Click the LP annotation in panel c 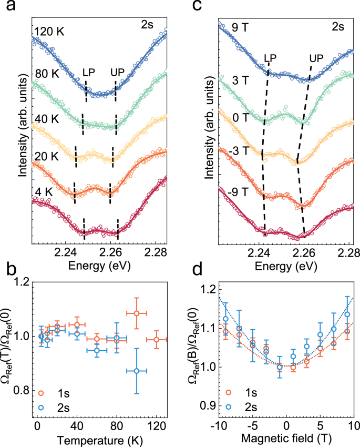point(270,56)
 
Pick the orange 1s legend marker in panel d point(228,392)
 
